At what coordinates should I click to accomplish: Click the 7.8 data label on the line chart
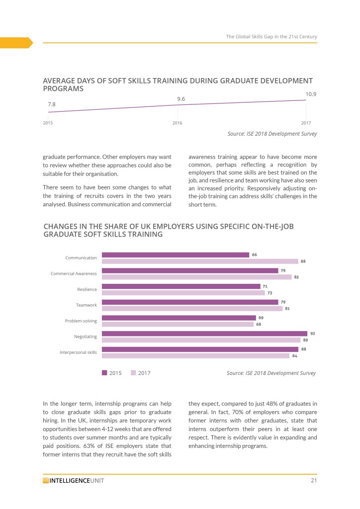52,104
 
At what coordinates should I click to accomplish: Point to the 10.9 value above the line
311,94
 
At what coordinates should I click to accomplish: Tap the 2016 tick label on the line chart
177,123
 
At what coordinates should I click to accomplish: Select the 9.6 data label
181,99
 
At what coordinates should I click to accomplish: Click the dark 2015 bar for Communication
176,255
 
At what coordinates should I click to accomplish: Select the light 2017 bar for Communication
200,261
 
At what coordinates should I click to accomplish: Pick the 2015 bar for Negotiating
204,334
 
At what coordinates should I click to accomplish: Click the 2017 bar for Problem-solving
178,324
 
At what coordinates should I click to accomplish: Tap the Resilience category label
87,289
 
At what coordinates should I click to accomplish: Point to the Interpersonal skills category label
78,352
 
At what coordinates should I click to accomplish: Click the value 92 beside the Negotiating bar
312,333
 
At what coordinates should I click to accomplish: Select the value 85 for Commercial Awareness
296,277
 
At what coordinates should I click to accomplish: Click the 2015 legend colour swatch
104,372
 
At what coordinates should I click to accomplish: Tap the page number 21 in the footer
313,480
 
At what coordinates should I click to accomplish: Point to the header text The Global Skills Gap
271,37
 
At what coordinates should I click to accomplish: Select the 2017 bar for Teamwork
192,308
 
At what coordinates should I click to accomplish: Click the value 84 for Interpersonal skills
294,355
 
